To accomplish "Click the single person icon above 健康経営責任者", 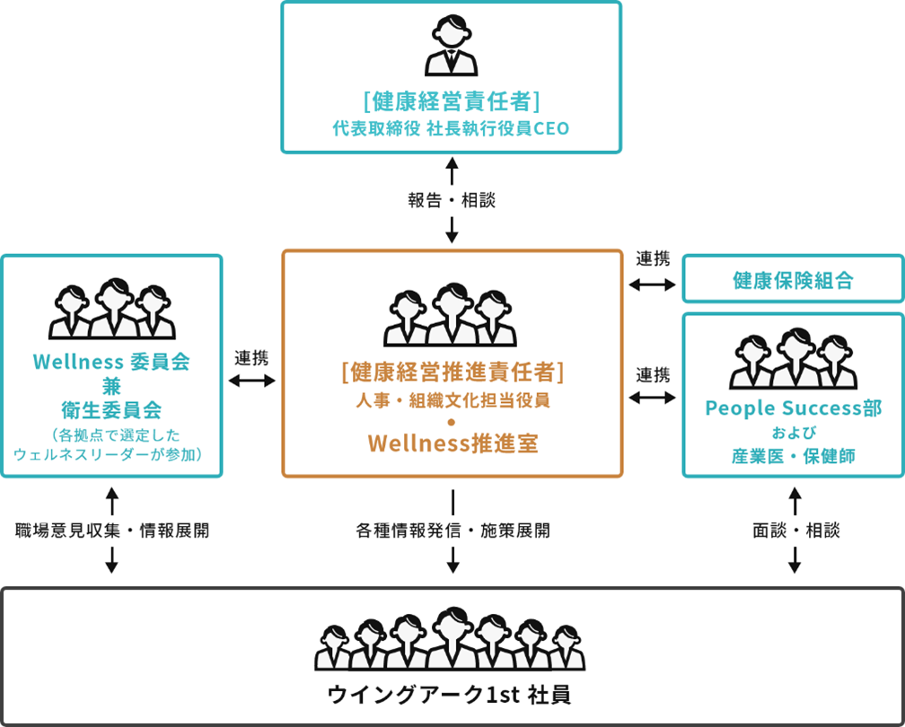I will [x=452, y=47].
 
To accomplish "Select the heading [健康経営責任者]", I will [x=452, y=99].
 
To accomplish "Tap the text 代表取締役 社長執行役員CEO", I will [x=452, y=128].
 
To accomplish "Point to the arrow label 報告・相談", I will [x=452, y=200].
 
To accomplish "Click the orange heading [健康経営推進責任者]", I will [x=452, y=371].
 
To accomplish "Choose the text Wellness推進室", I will [x=452, y=444].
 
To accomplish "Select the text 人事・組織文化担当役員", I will [x=452, y=400].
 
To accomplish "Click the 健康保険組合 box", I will [x=793, y=280].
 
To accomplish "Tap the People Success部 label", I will [x=793, y=408].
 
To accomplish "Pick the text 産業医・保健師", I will [x=793, y=456].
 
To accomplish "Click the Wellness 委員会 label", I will [x=111, y=363].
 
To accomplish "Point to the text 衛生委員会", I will [x=111, y=410].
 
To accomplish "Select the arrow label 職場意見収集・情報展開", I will [x=112, y=530].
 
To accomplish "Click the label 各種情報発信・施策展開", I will [x=452, y=530].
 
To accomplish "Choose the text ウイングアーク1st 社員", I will [x=452, y=695].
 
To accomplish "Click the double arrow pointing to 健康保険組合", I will [x=653, y=285].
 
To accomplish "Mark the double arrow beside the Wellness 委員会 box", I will [x=252, y=381].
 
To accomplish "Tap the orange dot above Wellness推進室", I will [x=452, y=422].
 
